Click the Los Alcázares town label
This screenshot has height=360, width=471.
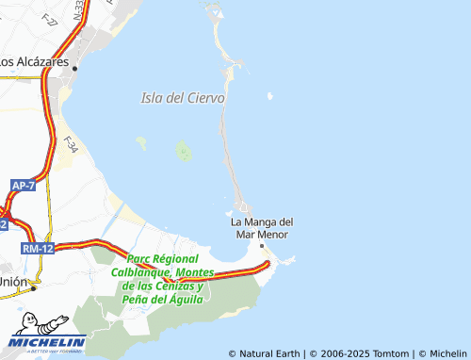click(36, 62)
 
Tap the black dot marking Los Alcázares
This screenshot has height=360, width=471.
click(75, 68)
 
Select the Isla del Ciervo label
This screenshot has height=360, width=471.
click(182, 98)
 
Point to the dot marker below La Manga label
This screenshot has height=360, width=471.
click(262, 245)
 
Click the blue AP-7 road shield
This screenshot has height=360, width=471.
click(24, 186)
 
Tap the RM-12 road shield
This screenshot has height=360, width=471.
click(37, 248)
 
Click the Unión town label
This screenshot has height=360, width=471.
click(12, 282)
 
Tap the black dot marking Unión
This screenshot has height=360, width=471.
click(37, 282)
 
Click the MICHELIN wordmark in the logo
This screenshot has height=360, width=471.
click(48, 342)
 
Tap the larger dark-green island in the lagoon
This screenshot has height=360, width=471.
click(183, 151)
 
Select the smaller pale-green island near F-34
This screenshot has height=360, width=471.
click(141, 143)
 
